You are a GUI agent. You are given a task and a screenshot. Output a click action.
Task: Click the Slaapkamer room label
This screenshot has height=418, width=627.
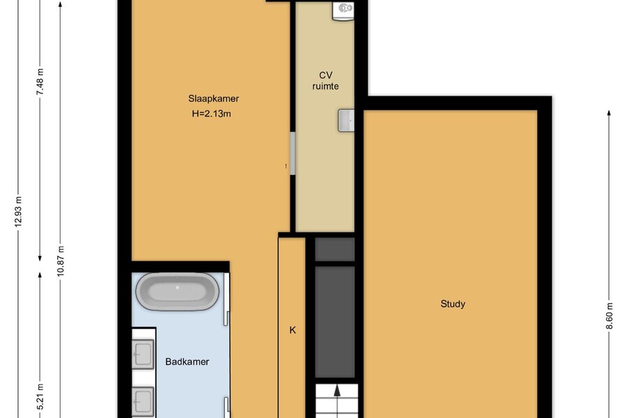click(x=214, y=99)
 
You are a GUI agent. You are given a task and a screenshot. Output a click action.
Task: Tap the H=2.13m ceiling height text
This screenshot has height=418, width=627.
click(x=212, y=114)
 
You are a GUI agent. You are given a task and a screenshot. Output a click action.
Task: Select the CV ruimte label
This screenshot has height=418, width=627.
click(x=325, y=80)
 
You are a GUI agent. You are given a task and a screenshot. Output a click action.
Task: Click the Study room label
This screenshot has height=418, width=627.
click(x=453, y=304)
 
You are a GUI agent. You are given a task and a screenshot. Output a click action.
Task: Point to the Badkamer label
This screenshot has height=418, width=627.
click(x=187, y=362)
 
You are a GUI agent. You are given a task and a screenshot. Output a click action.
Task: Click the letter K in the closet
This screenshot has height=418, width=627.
click(x=293, y=330)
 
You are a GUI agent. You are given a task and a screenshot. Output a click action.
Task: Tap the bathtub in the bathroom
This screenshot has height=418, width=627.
click(x=177, y=291)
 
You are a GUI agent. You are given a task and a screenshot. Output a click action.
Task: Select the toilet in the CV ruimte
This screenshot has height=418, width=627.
click(x=343, y=10)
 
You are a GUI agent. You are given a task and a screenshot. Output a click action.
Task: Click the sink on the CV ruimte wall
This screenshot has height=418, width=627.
click(x=346, y=121)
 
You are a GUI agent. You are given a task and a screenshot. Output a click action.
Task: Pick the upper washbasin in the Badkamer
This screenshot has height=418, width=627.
click(x=143, y=354)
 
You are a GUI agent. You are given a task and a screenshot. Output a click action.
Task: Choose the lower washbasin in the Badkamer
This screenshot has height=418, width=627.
click(x=143, y=401)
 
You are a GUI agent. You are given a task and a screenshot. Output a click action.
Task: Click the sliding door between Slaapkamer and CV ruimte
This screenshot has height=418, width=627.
click(x=293, y=153)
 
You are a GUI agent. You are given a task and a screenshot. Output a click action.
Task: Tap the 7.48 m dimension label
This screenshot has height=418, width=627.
click(x=40, y=82)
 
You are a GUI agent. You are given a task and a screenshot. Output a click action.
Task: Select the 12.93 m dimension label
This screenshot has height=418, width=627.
click(x=18, y=212)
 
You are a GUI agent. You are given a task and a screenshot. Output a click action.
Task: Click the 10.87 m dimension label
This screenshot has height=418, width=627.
click(x=61, y=261)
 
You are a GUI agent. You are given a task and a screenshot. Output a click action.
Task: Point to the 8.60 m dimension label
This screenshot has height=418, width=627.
click(x=609, y=316)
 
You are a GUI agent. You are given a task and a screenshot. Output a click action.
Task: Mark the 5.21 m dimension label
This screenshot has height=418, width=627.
click(x=40, y=397)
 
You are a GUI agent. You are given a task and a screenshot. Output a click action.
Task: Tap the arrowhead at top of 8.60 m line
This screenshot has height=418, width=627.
click(x=609, y=113)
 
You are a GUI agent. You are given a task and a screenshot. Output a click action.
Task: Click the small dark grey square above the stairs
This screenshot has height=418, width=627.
click(x=334, y=249)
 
